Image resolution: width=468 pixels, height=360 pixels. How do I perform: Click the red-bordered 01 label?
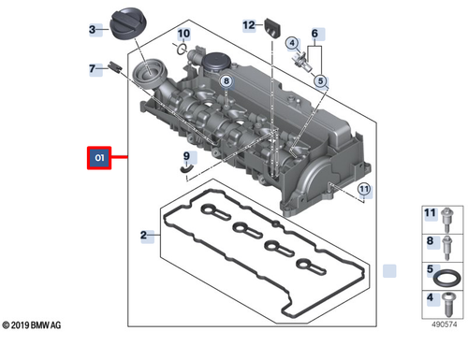tap(98, 159)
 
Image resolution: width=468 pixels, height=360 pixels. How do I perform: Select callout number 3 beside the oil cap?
tap(94, 30)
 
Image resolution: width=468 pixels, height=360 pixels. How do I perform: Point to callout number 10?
tap(183, 34)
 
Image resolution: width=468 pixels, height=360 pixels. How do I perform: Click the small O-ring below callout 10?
tap(184, 50)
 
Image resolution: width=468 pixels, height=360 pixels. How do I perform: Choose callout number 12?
tap(248, 23)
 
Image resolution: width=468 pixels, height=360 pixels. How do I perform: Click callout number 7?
tap(94, 68)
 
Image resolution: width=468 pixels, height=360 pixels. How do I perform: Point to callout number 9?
tap(186, 156)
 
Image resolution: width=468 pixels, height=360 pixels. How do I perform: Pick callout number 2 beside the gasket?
tap(143, 235)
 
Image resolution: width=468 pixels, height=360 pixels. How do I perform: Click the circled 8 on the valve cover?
tap(226, 82)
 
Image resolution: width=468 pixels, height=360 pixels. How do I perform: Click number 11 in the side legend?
tap(431, 215)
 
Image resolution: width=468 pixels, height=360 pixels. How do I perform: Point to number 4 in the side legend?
tap(431, 300)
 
